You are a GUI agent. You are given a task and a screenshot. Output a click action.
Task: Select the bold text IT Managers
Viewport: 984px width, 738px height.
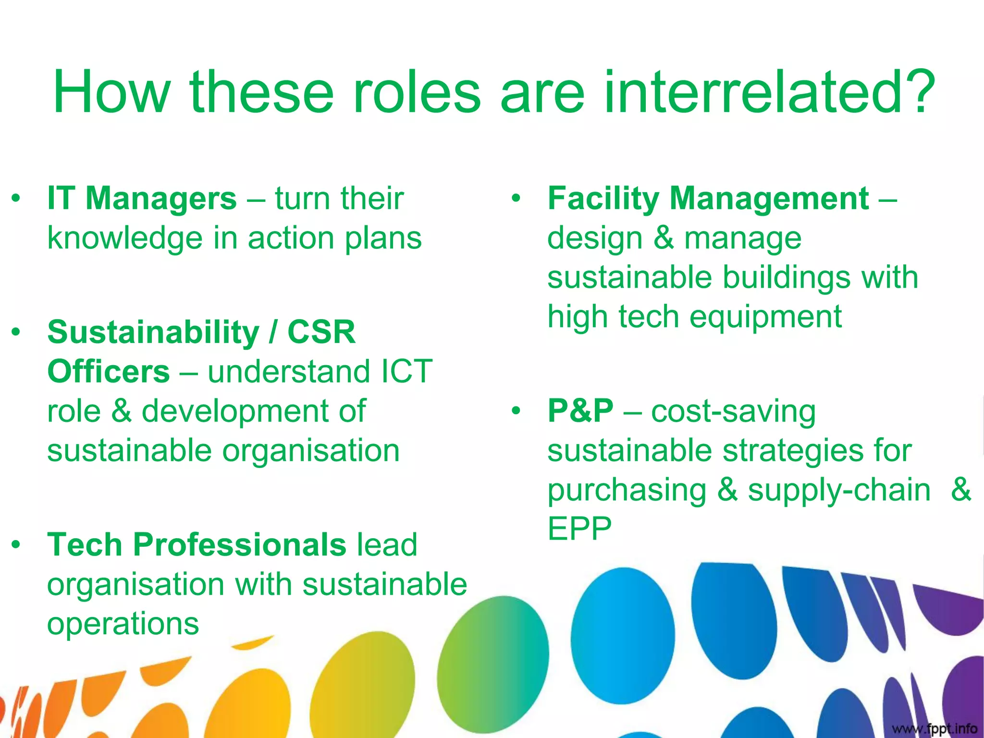point(142,198)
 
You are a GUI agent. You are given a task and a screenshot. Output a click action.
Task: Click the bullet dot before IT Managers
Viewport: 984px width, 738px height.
point(16,198)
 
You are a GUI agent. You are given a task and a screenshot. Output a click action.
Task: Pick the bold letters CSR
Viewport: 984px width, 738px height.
point(321,332)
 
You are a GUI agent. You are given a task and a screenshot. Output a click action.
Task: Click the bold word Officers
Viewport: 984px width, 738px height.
point(109,371)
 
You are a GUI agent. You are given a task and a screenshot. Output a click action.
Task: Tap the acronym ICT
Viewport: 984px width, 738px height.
point(406,371)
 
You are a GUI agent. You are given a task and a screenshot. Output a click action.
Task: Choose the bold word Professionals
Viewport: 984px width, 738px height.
point(239,544)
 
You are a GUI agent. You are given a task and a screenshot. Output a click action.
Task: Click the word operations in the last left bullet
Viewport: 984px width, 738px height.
point(123,624)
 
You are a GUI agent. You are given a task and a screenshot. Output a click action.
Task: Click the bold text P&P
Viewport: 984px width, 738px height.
point(580,411)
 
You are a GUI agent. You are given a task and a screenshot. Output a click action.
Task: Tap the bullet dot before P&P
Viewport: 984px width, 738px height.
point(516,411)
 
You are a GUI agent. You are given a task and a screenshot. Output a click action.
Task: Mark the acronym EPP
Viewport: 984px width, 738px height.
point(579,529)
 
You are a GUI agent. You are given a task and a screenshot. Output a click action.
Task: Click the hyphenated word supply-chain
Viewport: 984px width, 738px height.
point(839,490)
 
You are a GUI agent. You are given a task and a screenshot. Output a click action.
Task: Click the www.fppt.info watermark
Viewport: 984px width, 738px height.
point(934,728)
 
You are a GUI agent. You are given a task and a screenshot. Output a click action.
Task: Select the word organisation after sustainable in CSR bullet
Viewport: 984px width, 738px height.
point(311,451)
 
